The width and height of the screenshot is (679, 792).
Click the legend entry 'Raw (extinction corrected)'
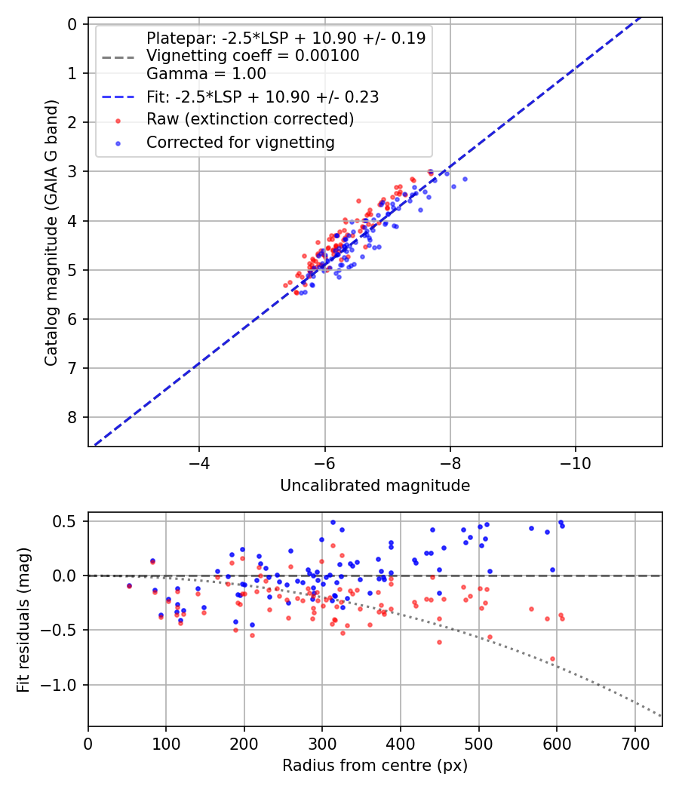(x=250, y=119)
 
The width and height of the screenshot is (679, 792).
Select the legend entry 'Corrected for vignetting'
(x=240, y=142)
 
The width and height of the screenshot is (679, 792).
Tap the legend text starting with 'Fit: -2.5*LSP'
(x=262, y=97)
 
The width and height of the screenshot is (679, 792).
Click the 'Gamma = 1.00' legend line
(x=206, y=74)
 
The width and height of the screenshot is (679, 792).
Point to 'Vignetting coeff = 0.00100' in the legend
(x=252, y=56)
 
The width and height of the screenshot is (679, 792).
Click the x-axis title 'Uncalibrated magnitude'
(x=375, y=486)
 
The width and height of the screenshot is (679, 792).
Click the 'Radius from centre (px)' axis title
(x=375, y=766)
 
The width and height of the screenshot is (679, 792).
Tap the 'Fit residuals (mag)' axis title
(x=23, y=619)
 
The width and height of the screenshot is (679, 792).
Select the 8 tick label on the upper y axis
(x=72, y=417)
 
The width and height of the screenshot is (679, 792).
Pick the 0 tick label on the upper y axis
(x=72, y=24)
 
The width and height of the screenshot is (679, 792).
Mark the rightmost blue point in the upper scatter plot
(x=465, y=179)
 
